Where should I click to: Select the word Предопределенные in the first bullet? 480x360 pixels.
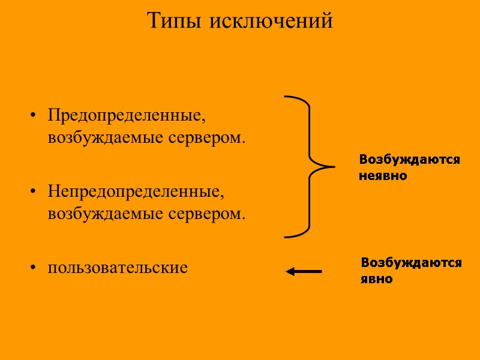(130, 114)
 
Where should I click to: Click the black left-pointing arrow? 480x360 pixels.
(304, 272)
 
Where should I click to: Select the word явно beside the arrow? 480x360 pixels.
(377, 279)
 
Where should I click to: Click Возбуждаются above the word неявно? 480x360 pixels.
(409, 160)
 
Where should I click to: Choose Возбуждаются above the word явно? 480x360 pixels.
(411, 263)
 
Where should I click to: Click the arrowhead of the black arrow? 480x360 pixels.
(290, 272)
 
